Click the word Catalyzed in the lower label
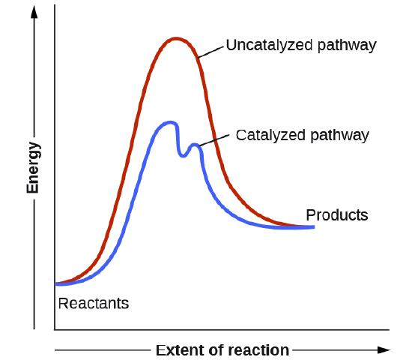(267, 136)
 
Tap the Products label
(337, 215)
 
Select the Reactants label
(94, 304)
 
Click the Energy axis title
(33, 167)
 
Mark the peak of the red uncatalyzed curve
(176, 38)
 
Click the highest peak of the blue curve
(171, 121)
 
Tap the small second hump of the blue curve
(196, 145)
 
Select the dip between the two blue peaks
(183, 155)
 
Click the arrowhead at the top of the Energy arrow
(34, 10)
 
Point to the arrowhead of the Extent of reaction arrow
(384, 349)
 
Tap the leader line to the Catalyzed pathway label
(215, 139)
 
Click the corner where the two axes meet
(55, 329)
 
